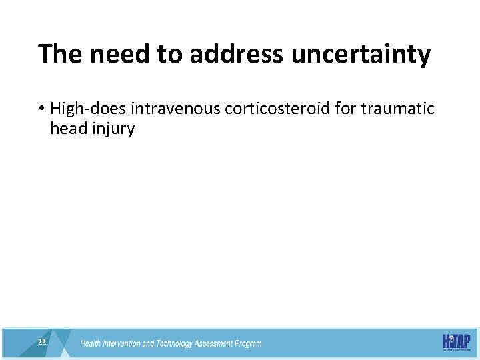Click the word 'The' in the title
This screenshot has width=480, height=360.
click(59, 54)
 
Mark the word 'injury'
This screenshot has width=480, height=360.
click(113, 129)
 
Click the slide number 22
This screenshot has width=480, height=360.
click(42, 342)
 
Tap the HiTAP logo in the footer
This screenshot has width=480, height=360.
click(457, 341)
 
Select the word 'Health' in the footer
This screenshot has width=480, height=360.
click(92, 344)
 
